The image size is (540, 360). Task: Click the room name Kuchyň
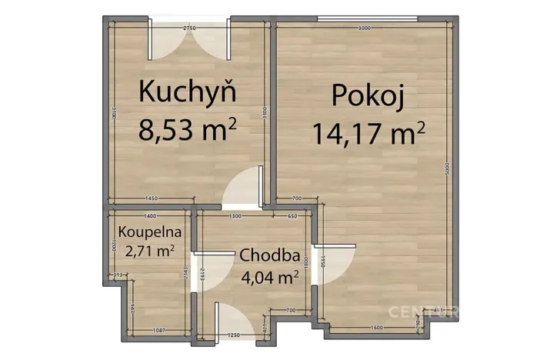[187, 91]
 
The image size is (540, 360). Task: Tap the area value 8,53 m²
[187, 128]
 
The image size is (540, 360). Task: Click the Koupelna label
[150, 231]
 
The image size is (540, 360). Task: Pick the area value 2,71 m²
[150, 249]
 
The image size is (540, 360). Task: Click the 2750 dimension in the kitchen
[189, 28]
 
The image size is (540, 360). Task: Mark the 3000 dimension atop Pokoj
[364, 28]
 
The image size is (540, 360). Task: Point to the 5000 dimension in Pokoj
[447, 174]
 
